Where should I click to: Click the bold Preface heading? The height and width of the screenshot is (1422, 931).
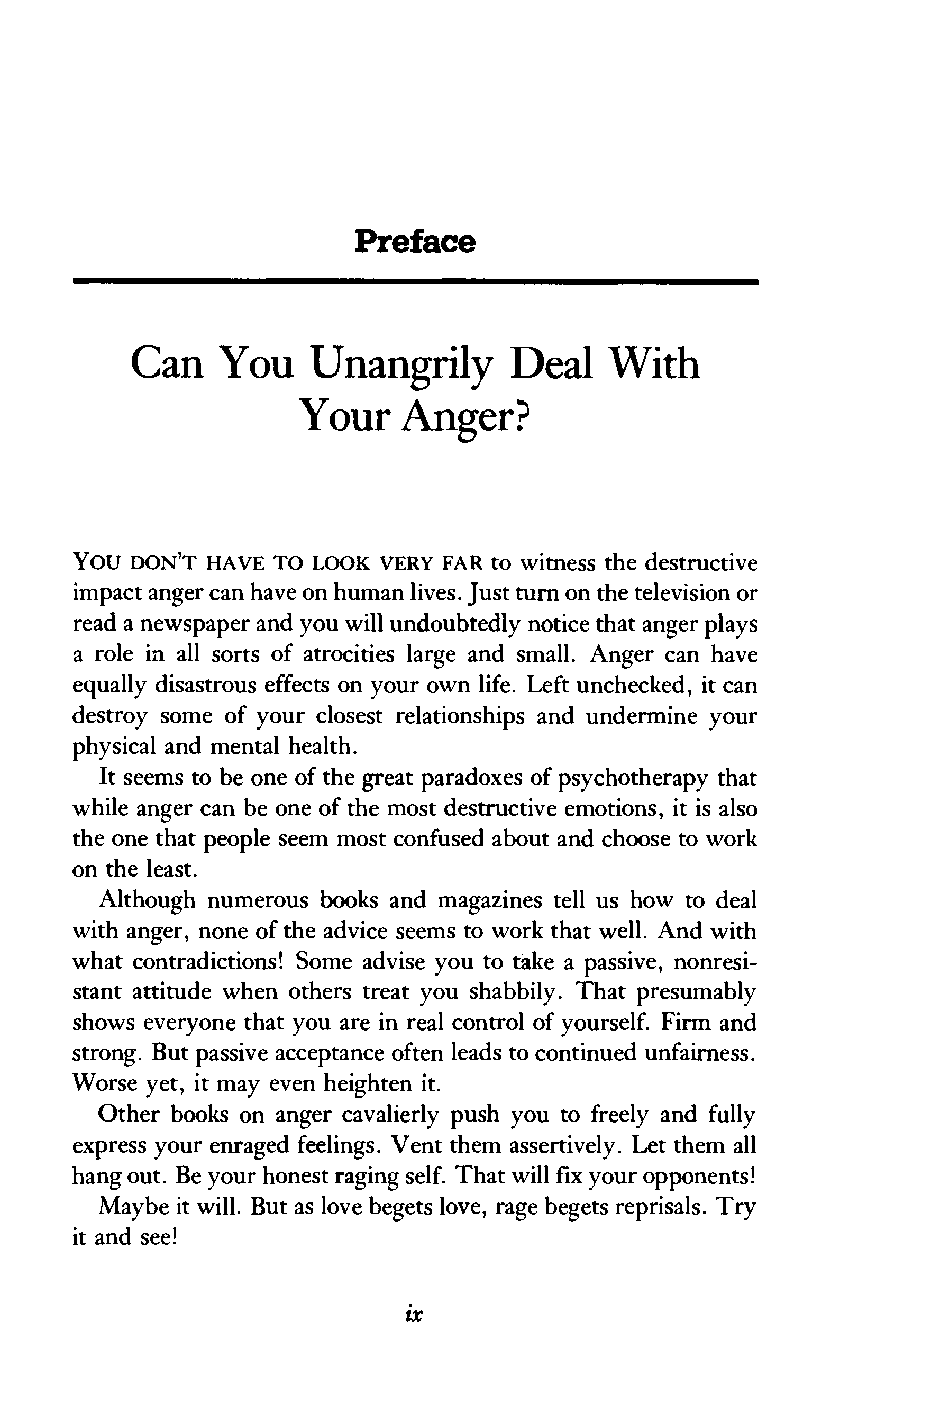415,241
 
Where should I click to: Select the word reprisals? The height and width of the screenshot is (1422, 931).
661,1206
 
